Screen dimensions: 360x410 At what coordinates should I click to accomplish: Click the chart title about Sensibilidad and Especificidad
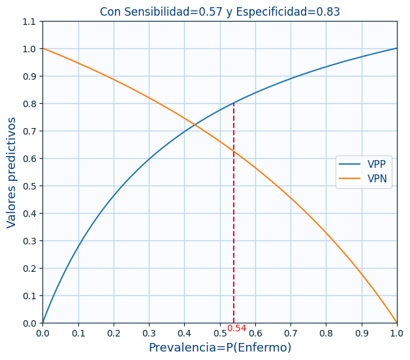(x=219, y=12)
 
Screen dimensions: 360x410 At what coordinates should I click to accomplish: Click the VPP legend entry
(x=376, y=165)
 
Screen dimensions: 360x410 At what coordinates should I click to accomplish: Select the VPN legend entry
(x=376, y=179)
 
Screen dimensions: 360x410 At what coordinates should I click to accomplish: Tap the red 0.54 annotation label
(x=236, y=329)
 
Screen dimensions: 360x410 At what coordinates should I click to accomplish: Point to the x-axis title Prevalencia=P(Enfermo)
(x=219, y=348)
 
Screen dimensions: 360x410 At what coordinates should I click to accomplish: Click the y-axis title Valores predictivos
(x=12, y=172)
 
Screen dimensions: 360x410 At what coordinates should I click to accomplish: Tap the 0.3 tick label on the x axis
(x=149, y=333)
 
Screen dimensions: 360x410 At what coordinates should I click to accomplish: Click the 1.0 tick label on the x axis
(x=396, y=333)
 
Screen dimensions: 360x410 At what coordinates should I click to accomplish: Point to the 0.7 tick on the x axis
(x=291, y=333)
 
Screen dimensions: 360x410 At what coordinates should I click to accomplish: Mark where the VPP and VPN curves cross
(x=195, y=123)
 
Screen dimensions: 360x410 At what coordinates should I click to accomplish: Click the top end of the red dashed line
(x=234, y=103)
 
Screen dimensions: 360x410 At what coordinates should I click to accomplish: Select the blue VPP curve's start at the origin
(x=43, y=323)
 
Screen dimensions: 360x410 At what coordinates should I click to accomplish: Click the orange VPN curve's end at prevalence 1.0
(x=397, y=323)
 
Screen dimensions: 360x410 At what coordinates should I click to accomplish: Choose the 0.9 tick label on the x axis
(x=361, y=333)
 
